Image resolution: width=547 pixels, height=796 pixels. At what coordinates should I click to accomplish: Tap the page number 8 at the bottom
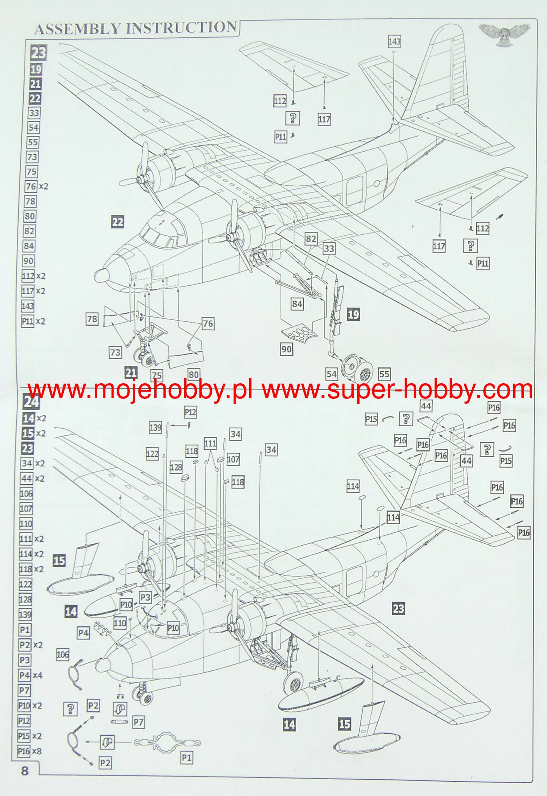coord(25,770)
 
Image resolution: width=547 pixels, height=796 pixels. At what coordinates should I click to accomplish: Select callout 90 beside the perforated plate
coord(287,349)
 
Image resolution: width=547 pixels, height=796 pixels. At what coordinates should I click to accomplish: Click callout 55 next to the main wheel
coord(384,374)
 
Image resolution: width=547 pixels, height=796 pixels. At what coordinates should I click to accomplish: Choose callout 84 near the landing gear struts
coord(297,304)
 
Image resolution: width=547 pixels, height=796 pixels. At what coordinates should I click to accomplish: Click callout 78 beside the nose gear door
coord(92,319)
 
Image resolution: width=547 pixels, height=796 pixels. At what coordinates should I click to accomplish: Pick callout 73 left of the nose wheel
coord(115,352)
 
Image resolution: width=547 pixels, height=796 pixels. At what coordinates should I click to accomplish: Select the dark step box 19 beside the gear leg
coord(353,314)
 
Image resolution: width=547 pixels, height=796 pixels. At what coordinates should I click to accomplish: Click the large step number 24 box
coord(31,402)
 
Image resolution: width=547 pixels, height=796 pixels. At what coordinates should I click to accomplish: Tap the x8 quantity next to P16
coord(37,751)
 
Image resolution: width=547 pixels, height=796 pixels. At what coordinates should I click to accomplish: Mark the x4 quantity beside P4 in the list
coord(37,675)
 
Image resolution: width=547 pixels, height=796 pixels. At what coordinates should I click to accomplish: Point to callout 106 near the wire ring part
coord(63,655)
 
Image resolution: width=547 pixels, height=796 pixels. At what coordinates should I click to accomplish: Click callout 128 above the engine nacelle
coord(176,467)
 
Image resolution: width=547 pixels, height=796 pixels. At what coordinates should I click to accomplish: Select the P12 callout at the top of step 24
coord(190,412)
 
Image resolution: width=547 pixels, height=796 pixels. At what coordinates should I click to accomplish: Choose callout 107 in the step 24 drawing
coord(233,459)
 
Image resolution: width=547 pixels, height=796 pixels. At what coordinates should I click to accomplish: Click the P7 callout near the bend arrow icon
coord(138,722)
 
